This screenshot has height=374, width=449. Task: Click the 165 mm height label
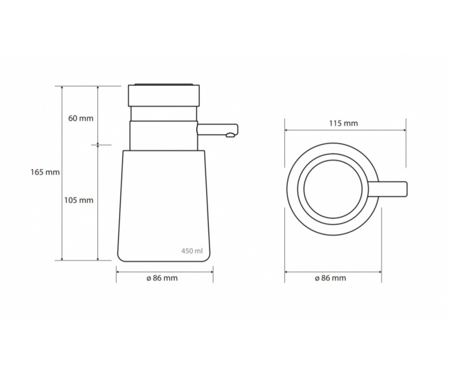[x=45, y=172]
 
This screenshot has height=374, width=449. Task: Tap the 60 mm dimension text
[x=81, y=118]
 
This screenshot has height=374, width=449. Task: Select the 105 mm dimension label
[x=79, y=200]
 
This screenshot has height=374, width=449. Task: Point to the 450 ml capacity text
[x=192, y=251]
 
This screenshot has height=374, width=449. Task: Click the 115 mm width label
[x=343, y=123]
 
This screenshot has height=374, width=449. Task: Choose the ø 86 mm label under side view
[x=162, y=278]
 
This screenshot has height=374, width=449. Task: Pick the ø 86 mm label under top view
[x=330, y=278]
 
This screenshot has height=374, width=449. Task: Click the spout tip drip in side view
[x=230, y=135]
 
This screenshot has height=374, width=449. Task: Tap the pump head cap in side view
[x=164, y=95]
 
